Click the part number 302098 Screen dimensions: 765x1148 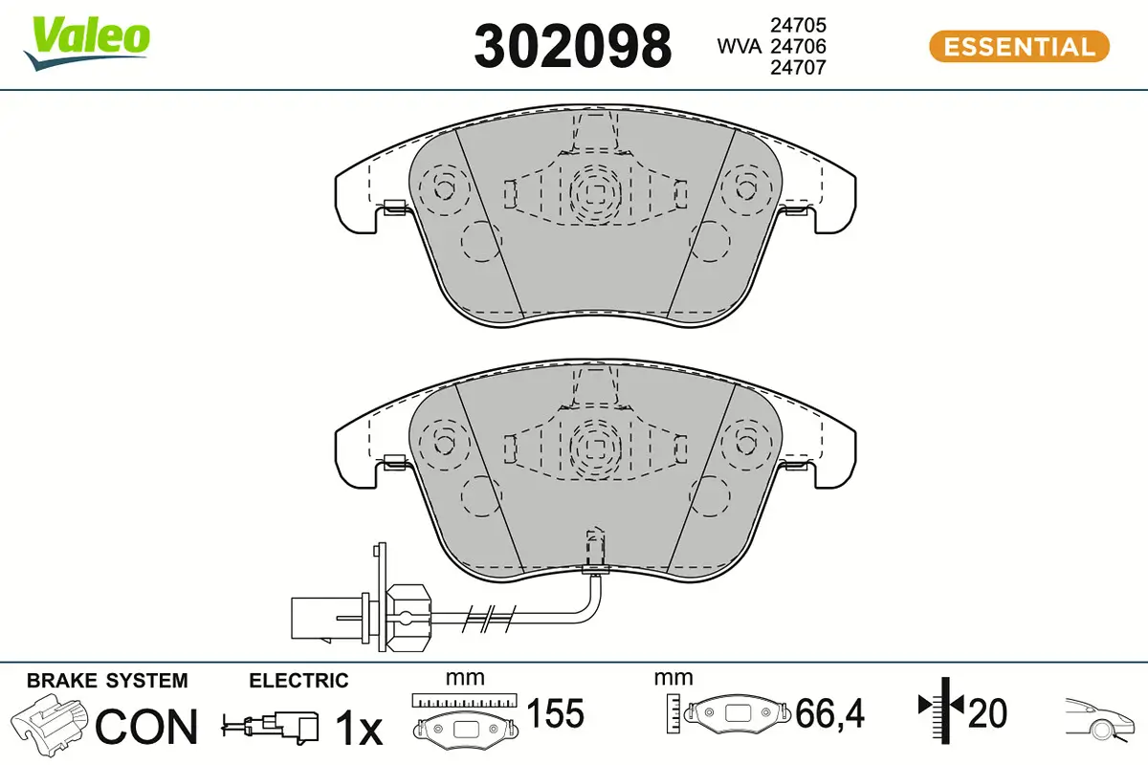coord(573,46)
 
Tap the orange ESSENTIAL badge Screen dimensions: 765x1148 coord(1018,47)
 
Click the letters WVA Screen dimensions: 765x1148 coord(740,46)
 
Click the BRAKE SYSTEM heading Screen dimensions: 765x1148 coord(107,681)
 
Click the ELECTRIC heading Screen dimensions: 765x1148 coord(298,681)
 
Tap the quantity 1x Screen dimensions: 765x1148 coord(358,730)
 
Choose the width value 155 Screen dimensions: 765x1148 coord(555,713)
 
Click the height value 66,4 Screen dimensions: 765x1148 coord(829,713)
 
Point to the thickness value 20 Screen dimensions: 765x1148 coord(987,713)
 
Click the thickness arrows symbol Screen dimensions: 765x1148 coord(942,710)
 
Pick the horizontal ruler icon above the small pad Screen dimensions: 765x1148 coord(464,701)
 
